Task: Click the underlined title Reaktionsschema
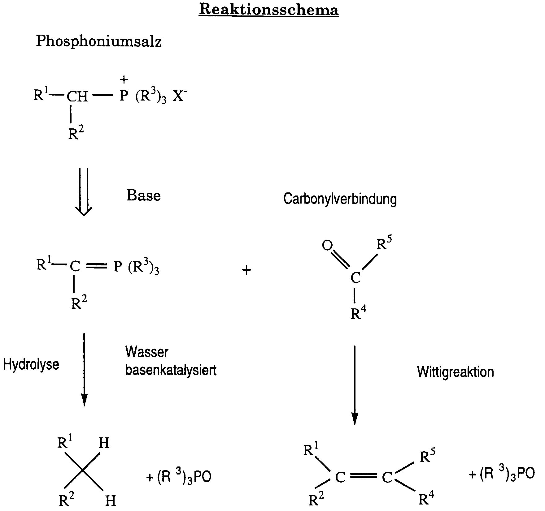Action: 269,10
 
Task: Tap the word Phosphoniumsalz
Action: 99,41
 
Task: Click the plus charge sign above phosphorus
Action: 124,80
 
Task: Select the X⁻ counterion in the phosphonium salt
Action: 179,96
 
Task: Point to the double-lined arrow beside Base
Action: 84,191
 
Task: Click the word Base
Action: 143,195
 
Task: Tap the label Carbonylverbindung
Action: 340,199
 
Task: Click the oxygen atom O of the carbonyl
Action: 327,245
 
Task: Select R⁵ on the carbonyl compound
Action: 384,244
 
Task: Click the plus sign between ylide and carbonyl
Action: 246,271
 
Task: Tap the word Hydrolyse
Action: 31,364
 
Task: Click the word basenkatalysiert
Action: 171,370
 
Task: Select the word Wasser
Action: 147,352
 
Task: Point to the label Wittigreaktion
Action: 455,371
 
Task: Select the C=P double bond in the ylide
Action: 97,266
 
